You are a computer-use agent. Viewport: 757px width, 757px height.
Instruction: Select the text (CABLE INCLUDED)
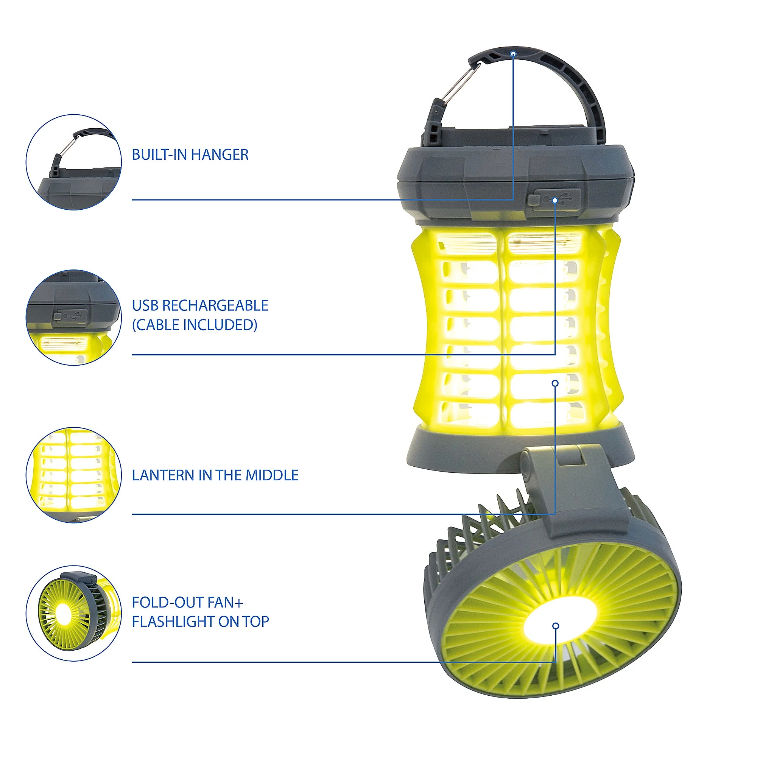pyautogui.click(x=194, y=325)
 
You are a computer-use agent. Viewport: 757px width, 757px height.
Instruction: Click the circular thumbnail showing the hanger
pyautogui.click(x=74, y=162)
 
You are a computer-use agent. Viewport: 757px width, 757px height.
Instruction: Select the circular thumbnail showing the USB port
pyautogui.click(x=74, y=318)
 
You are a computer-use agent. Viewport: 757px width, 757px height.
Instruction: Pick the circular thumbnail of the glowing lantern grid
pyautogui.click(x=74, y=475)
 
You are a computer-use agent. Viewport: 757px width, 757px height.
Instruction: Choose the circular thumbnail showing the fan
pyautogui.click(x=74, y=614)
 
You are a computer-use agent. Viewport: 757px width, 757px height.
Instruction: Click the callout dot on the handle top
pyautogui.click(x=513, y=54)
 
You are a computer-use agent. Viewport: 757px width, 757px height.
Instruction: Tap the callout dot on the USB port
pyautogui.click(x=555, y=200)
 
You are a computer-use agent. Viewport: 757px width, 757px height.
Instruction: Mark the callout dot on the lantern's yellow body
pyautogui.click(x=555, y=383)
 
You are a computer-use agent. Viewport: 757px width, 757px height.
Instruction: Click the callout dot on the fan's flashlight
pyautogui.click(x=556, y=626)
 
